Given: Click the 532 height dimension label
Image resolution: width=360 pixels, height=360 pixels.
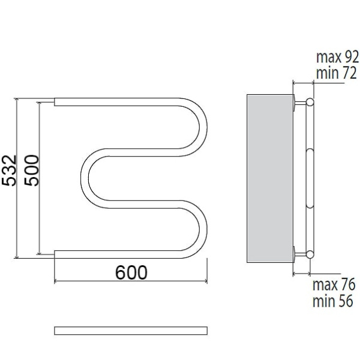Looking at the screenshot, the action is pyautogui.click(x=9, y=170).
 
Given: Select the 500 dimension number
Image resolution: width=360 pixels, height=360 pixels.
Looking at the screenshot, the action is pyautogui.click(x=32, y=170).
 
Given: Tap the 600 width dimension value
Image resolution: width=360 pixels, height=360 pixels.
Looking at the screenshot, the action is pyautogui.click(x=131, y=272).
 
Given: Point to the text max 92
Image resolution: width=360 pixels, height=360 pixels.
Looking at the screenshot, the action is pyautogui.click(x=337, y=57).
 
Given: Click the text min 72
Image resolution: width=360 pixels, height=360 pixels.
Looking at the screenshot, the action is pyautogui.click(x=337, y=73).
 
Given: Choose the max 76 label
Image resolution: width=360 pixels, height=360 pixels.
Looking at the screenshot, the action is pyautogui.click(x=334, y=284).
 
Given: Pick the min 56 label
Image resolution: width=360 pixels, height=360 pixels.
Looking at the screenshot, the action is pyautogui.click(x=332, y=301).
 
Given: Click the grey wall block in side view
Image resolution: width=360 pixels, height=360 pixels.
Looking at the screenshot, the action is pyautogui.click(x=270, y=178).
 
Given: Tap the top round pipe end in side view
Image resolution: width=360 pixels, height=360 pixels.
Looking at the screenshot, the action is pyautogui.click(x=310, y=102).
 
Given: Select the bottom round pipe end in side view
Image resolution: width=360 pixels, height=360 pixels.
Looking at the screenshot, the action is pyautogui.click(x=310, y=254).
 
